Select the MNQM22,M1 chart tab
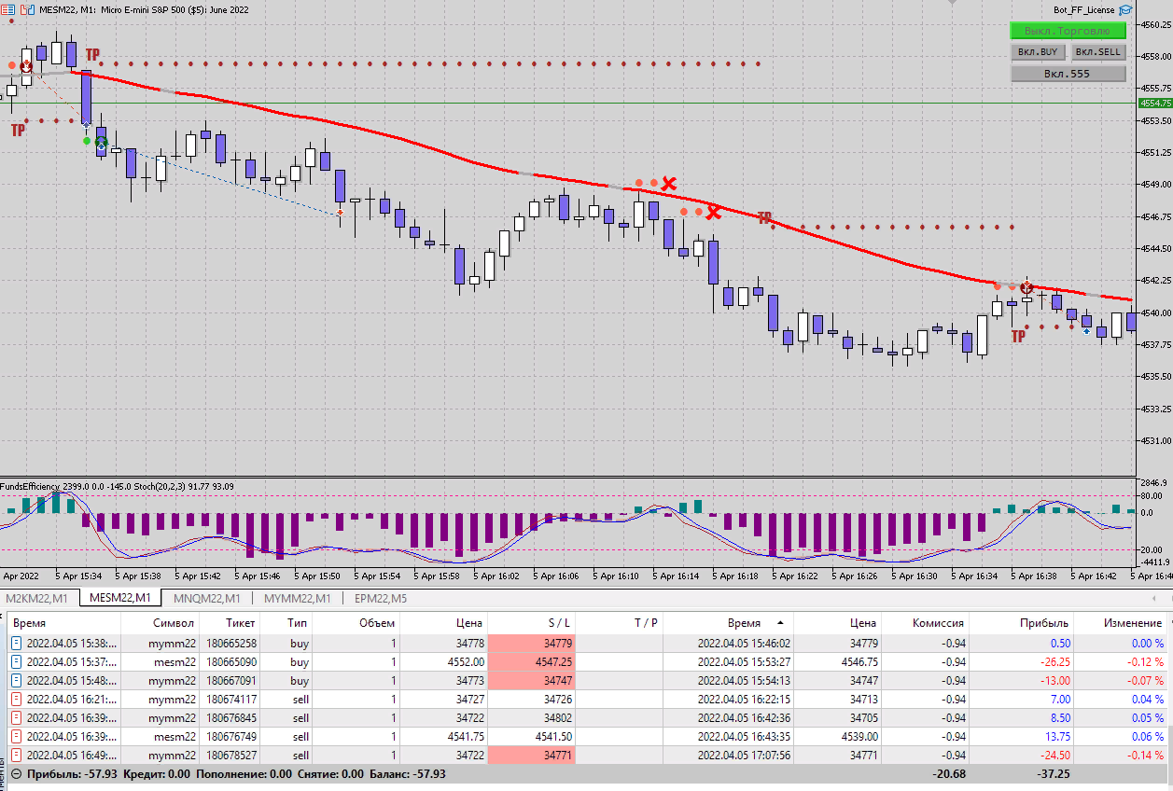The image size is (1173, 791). pos(206,599)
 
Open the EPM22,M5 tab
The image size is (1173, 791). pos(379,599)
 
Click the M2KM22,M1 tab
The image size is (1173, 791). pos(36,599)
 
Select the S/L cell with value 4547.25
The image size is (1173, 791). pos(552,661)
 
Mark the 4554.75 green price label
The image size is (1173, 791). pos(1155,104)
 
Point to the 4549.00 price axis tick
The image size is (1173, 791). pos(1155,184)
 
